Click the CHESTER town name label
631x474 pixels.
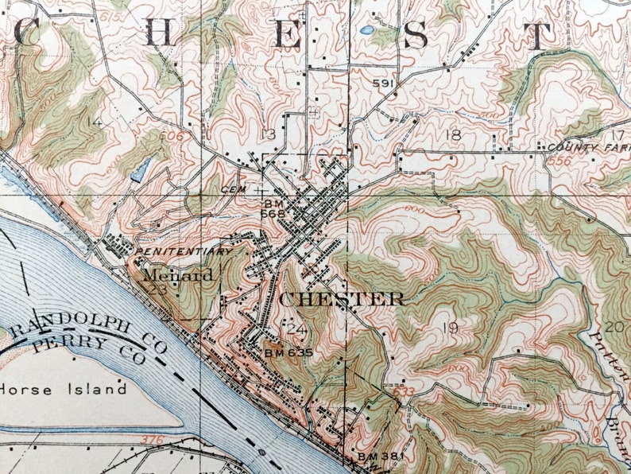[x=343, y=300]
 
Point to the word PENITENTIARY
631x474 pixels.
[x=184, y=251]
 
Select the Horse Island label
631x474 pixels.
[x=64, y=390]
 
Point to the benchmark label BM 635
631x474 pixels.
[x=288, y=352]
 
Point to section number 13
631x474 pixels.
[x=273, y=134]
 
